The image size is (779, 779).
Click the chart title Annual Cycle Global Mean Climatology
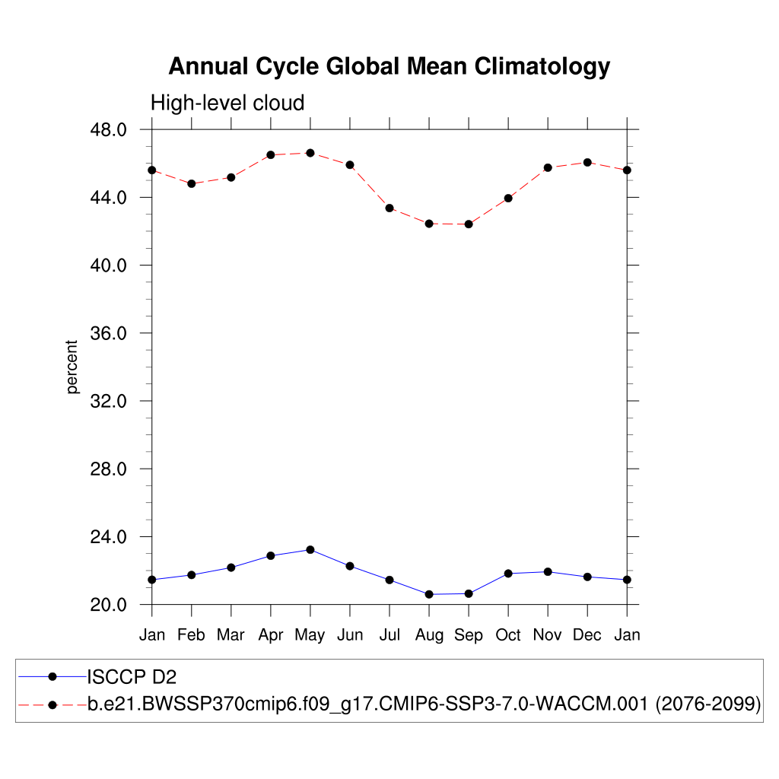click(389, 67)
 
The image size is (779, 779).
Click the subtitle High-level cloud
click(227, 103)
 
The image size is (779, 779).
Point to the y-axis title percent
click(72, 367)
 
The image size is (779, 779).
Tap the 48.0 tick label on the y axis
click(108, 129)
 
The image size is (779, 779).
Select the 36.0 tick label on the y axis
click(108, 333)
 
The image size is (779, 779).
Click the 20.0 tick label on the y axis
click(108, 605)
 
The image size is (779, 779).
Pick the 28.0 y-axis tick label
click(108, 469)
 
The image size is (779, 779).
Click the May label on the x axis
click(310, 635)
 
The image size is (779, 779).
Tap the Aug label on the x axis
click(429, 635)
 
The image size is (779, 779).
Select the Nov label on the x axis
click(548, 635)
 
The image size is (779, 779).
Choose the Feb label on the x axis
click(191, 635)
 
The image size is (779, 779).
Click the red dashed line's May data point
click(310, 153)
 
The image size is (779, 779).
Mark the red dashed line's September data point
click(469, 224)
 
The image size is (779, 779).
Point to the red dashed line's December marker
click(587, 162)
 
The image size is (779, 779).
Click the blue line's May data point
click(310, 549)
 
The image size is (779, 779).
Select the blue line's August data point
click(429, 594)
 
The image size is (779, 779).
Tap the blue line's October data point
click(508, 573)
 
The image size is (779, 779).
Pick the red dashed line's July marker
click(389, 208)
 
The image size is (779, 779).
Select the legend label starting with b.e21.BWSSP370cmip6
click(424, 704)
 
